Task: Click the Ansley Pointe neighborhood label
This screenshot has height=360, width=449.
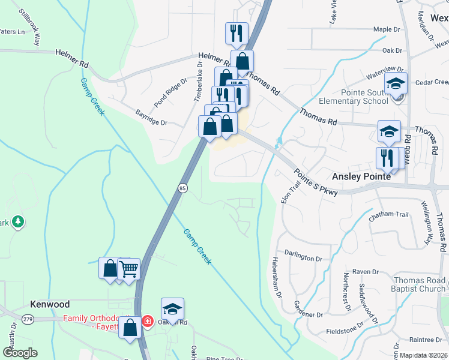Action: (x=361, y=177)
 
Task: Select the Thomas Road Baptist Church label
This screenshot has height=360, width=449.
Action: (x=419, y=284)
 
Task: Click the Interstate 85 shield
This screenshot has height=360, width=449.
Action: (x=182, y=188)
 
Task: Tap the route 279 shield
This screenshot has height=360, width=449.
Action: (x=28, y=319)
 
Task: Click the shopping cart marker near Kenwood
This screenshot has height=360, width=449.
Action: (x=129, y=269)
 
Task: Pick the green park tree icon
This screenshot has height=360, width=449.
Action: (x=19, y=221)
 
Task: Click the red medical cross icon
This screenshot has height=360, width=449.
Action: (x=147, y=322)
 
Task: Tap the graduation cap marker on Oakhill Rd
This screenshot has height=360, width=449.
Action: (x=172, y=310)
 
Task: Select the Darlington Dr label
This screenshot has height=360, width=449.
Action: (x=303, y=257)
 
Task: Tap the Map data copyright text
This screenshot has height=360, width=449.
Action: (x=424, y=355)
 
